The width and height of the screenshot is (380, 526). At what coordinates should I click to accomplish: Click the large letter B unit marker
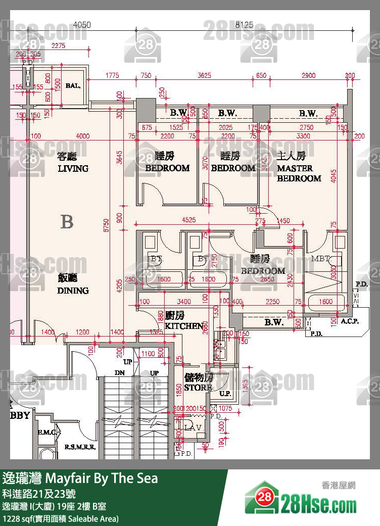click(x=67, y=222)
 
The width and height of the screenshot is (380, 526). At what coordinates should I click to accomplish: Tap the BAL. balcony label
click(x=73, y=86)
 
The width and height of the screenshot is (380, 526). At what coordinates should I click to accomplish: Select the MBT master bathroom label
click(x=320, y=259)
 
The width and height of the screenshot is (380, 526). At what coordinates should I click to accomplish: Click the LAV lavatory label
click(x=193, y=427)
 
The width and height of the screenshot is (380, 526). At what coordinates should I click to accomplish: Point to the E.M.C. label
click(x=47, y=433)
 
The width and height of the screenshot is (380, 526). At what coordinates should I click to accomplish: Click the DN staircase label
click(x=120, y=373)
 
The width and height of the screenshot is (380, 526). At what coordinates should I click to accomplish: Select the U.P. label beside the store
click(x=225, y=394)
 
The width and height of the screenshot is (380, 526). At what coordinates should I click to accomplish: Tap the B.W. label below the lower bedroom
click(x=273, y=322)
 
